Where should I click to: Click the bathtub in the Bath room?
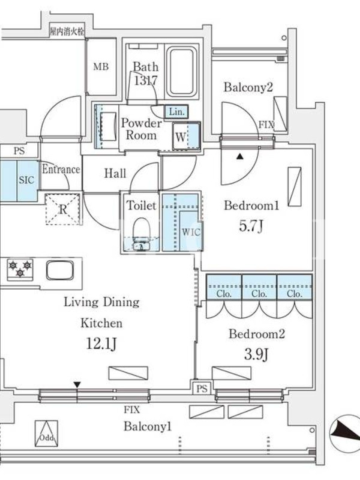(182, 72)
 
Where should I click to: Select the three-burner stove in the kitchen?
(20, 269)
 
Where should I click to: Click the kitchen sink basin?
(60, 270)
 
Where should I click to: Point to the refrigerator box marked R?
(62, 209)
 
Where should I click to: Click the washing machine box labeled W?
(186, 136)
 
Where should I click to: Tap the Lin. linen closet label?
(176, 112)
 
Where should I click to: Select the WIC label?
(191, 232)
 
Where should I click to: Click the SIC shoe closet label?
(26, 179)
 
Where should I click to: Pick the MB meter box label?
(101, 66)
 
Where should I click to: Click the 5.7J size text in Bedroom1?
(251, 226)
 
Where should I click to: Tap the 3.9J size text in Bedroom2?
(256, 355)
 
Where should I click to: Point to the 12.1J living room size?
(101, 343)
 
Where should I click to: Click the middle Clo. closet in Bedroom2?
(259, 287)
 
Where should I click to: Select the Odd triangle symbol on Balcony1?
(46, 433)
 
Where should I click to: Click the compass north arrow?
(346, 432)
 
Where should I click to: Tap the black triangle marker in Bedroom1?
(240, 157)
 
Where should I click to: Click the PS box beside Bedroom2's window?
(202, 388)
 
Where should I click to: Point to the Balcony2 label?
(248, 87)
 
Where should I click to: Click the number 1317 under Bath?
(146, 80)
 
